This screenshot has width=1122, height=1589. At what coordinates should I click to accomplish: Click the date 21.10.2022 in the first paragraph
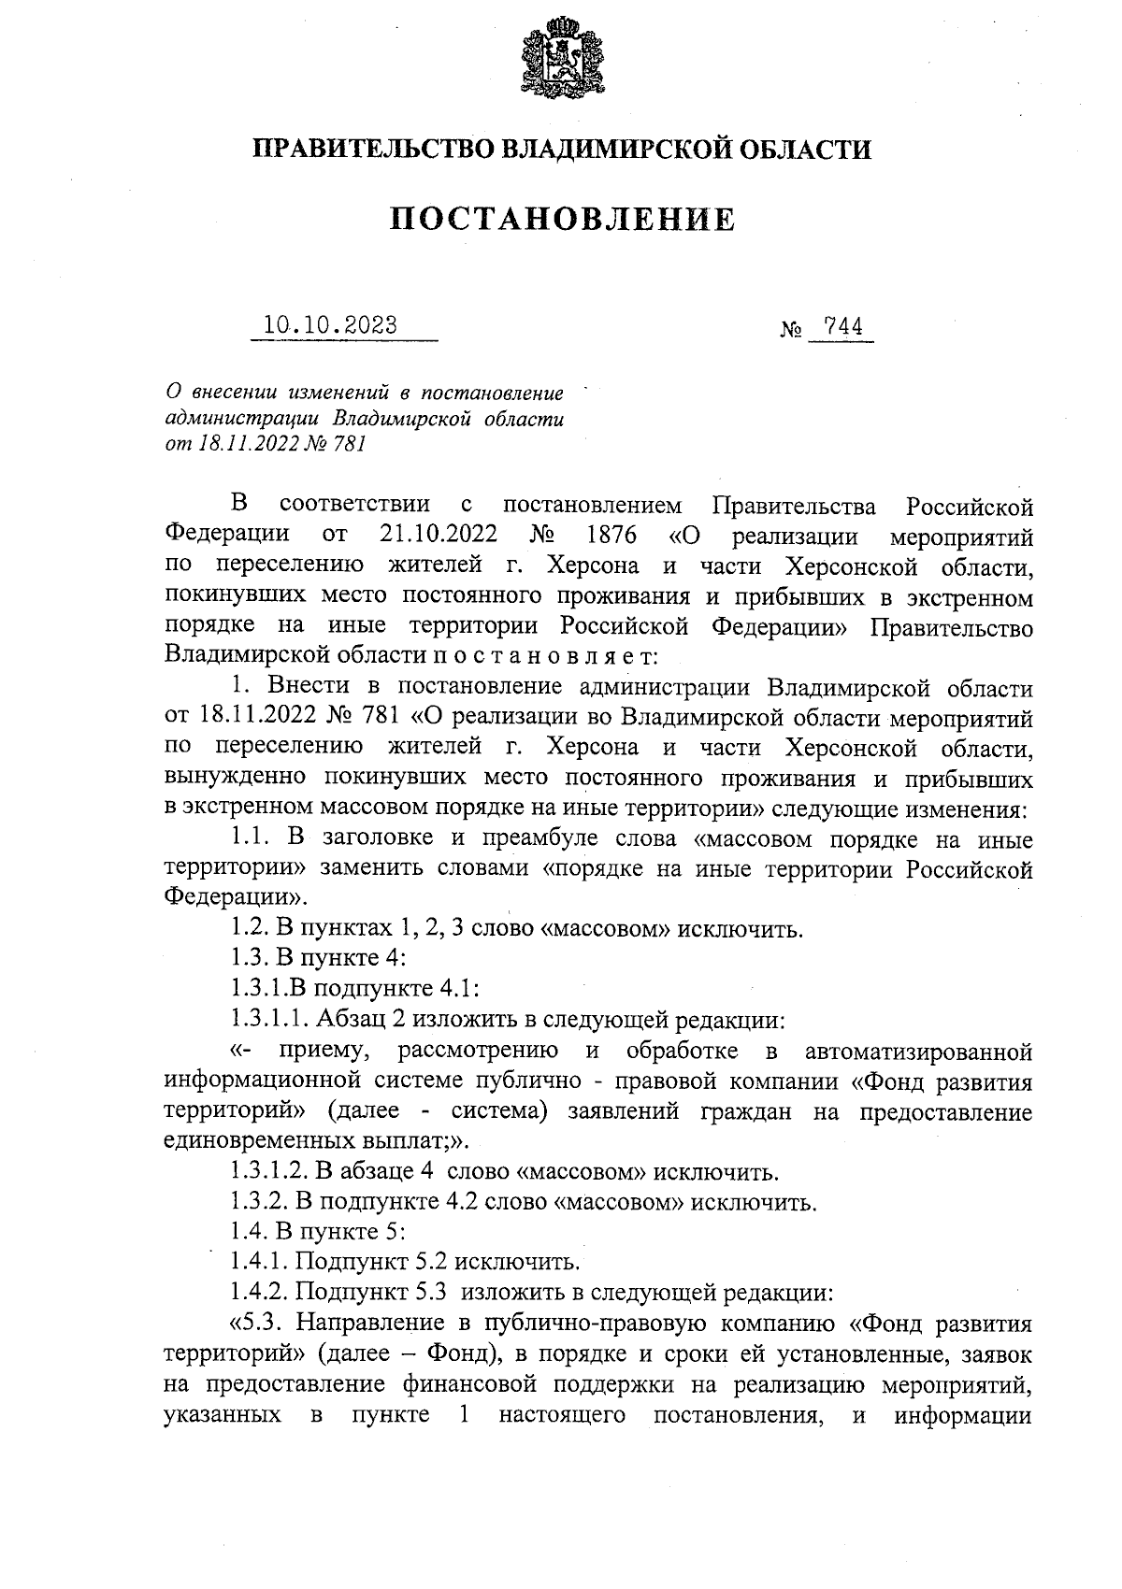[439, 537]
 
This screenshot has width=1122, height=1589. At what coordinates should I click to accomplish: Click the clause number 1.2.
[249, 930]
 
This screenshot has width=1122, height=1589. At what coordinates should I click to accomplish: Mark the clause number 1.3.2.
[259, 1201]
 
